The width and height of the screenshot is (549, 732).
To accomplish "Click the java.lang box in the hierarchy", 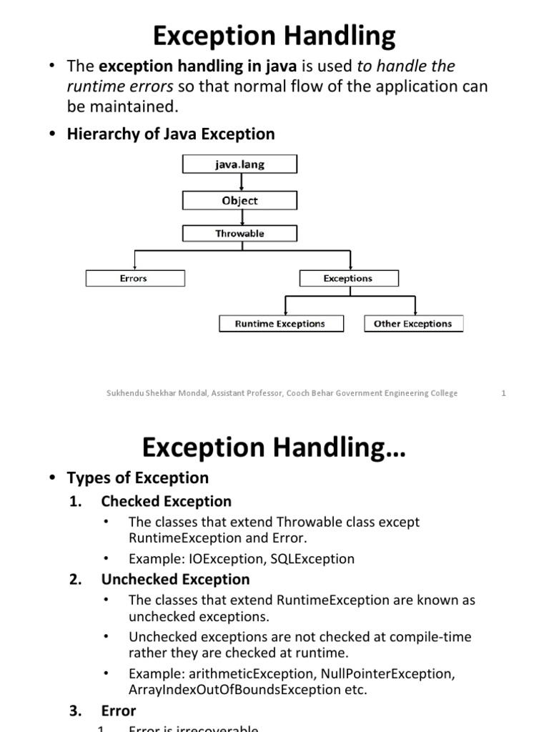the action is [x=239, y=165].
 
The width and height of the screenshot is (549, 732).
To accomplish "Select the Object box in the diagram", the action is [x=239, y=201].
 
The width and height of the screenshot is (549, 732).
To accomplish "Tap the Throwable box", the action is [x=239, y=234].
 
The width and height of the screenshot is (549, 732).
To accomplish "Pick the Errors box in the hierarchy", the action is [x=134, y=278].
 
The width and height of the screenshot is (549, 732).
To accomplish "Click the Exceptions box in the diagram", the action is [x=348, y=278].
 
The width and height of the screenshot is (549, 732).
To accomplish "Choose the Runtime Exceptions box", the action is [x=280, y=324].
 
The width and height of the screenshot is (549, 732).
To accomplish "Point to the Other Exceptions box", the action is [x=413, y=324].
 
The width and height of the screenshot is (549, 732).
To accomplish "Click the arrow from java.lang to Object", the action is [x=239, y=183].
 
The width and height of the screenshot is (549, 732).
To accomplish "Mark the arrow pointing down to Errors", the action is [x=134, y=261].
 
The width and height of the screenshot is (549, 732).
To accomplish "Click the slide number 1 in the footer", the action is [x=503, y=393].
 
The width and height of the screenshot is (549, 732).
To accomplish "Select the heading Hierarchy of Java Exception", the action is [x=170, y=134].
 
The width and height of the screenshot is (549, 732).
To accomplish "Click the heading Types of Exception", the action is [x=137, y=478].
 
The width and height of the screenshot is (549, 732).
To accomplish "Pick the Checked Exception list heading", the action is [x=166, y=501].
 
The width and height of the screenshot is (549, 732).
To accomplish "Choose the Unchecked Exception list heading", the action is [x=175, y=579].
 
